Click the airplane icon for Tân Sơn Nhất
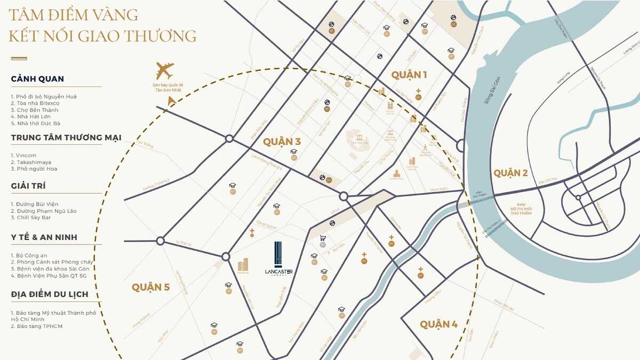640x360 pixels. click(165, 71)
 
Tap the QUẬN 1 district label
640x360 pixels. click(409, 75)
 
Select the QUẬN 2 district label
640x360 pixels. click(510, 173)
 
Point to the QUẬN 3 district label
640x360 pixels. click(282, 142)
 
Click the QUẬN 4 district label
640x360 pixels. click(438, 324)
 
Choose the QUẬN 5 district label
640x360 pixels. click(150, 287)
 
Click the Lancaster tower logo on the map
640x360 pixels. click(278, 259)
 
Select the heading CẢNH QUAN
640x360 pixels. click(37, 79)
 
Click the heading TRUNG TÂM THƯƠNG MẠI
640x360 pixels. click(66, 138)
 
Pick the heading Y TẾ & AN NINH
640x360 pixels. click(44, 237)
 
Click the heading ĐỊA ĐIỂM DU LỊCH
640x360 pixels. click(50, 294)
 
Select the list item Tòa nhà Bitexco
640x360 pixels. click(37, 103)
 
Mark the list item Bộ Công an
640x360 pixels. click(31, 255)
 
